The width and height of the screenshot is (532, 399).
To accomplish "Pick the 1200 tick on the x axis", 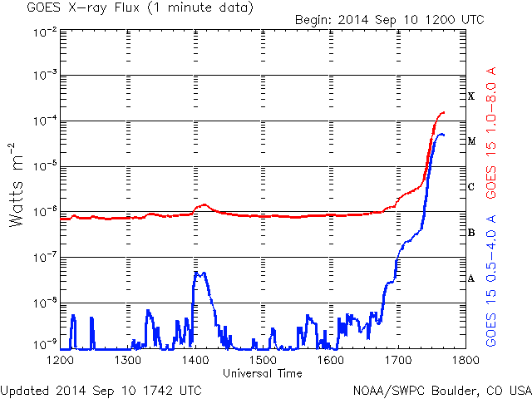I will pos(60,361).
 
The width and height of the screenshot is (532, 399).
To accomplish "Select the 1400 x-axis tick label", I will pos(195,361).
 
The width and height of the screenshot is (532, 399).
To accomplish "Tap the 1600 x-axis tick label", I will pos(331,361).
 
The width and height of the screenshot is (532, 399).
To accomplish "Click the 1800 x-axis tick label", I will pos(465,361).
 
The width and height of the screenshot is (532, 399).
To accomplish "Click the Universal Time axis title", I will pos(262,373).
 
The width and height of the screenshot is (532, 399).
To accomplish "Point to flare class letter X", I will pos(471,96).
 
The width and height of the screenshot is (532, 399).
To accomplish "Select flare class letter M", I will pos(471,141).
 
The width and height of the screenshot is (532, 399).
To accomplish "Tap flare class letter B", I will pos(471,233).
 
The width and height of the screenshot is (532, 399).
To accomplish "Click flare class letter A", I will pos(471,278).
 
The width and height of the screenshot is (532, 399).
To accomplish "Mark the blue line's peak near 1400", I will pos(198,273).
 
